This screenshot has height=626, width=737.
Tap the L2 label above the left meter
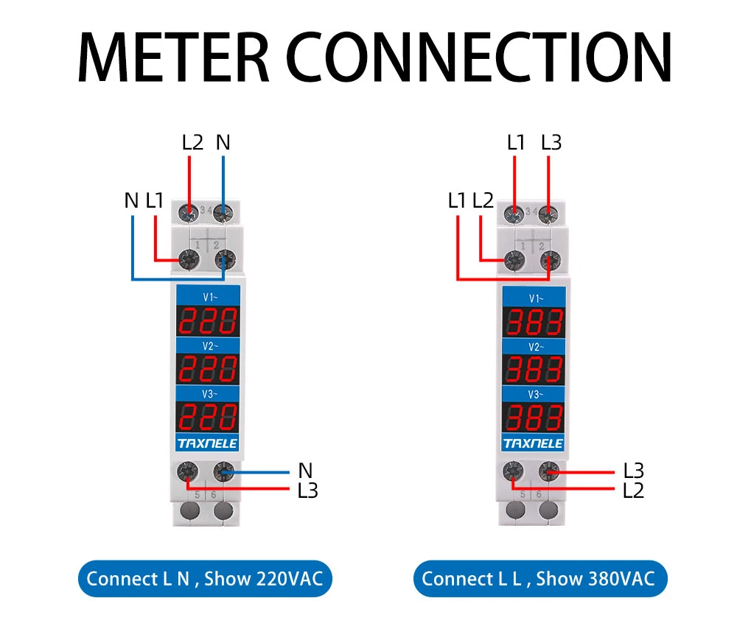coord(192,142)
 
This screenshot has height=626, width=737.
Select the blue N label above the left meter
coord(223,142)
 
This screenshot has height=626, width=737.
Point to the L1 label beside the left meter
coord(155,200)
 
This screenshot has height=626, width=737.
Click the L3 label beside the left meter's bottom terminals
coord(307,490)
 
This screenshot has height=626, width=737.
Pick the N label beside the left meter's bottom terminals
coord(306,470)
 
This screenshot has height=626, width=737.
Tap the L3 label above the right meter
coord(551,142)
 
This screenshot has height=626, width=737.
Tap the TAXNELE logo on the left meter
coord(207,443)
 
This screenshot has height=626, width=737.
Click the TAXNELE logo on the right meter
coord(534,443)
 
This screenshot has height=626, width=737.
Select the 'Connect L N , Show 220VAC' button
coord(205,578)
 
